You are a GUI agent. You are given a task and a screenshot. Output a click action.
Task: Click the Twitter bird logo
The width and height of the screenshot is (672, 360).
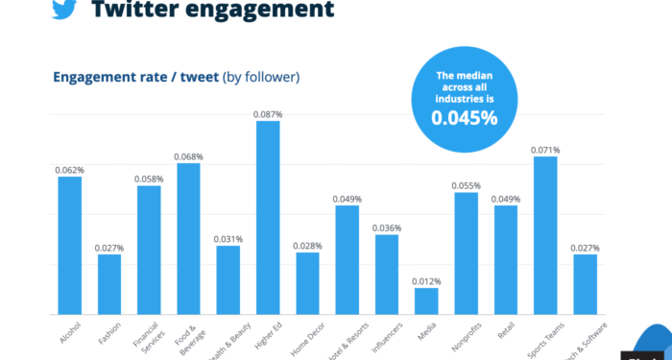pos(63,10)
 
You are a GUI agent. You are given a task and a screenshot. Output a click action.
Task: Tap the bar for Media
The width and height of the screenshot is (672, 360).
pos(426,300)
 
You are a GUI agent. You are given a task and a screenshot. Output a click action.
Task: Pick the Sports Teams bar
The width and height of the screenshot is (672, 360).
pos(545,235)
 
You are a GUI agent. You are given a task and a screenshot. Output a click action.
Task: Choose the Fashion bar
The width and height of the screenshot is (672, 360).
pos(109,284)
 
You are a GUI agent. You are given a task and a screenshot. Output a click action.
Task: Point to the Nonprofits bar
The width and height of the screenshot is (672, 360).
pos(467,253)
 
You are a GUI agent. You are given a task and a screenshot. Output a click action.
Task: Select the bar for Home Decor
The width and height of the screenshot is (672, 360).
pos(307,283)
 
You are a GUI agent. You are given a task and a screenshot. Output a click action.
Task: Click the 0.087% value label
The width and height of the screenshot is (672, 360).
pos(268,114)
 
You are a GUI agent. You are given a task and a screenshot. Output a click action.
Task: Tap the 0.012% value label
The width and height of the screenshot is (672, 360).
pos(426,281)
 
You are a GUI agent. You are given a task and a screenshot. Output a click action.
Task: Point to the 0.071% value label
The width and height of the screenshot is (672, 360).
pos(545,150)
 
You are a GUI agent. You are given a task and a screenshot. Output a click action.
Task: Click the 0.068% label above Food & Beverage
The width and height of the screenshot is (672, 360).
pos(189,156)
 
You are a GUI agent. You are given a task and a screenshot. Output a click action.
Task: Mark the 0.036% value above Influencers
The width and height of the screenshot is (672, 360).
pos(387,228)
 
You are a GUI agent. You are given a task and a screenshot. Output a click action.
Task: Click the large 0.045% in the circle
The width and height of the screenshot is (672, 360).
pos(464,120)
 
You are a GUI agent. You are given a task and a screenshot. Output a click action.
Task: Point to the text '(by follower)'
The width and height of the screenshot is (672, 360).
pos(260,77)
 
